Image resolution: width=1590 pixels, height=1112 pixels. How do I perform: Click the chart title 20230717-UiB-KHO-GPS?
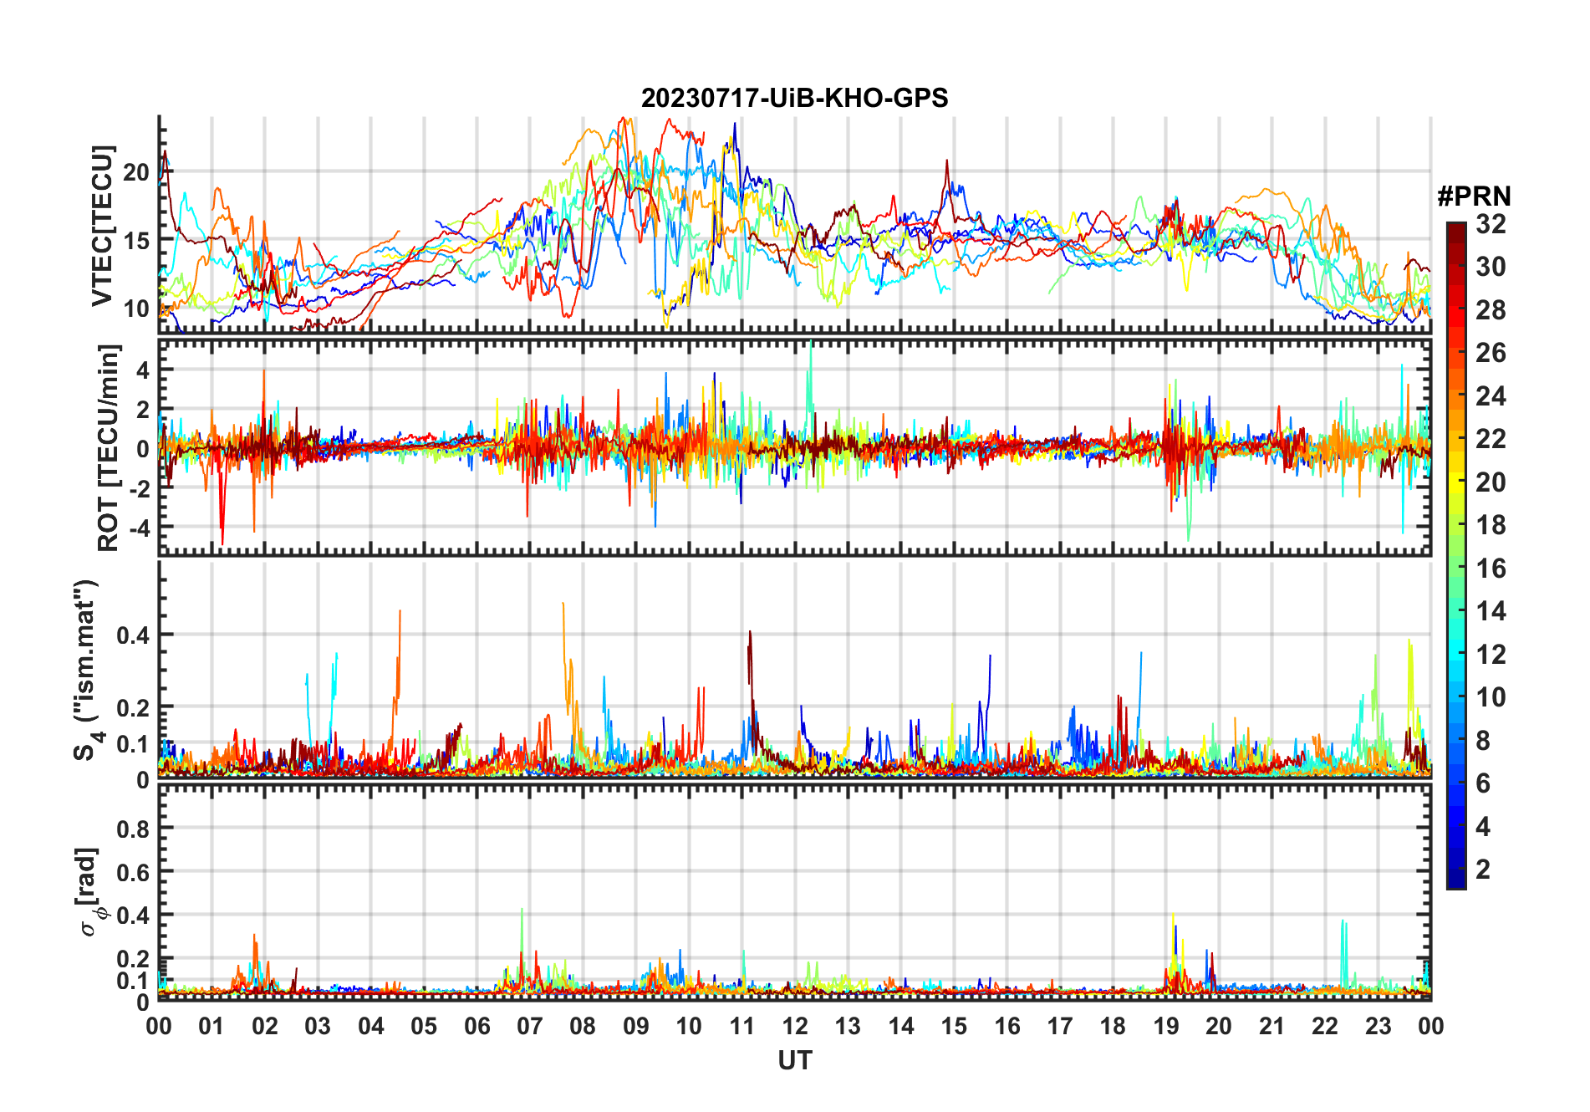pyautogui.click(x=794, y=99)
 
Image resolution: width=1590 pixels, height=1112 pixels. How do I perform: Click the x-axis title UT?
pyautogui.click(x=794, y=1060)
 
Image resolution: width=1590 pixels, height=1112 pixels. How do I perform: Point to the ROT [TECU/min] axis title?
pyautogui.click(x=109, y=447)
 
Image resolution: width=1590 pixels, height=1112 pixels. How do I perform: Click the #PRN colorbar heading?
pyautogui.click(x=1474, y=196)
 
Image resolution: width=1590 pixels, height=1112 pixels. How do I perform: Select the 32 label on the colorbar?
pyautogui.click(x=1491, y=224)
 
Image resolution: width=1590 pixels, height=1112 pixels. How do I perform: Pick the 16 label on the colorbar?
pyautogui.click(x=1491, y=569)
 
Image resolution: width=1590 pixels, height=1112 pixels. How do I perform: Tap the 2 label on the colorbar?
pyautogui.click(x=1483, y=870)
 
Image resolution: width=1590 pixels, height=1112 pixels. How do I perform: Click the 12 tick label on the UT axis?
pyautogui.click(x=795, y=1026)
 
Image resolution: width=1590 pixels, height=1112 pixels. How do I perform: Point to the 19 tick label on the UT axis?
pyautogui.click(x=1166, y=1026)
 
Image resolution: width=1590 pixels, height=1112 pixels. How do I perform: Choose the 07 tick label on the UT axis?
pyautogui.click(x=530, y=1026)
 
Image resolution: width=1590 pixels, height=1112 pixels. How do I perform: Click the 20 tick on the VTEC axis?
pyautogui.click(x=136, y=173)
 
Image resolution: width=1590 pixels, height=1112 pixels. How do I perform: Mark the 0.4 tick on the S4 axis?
pyautogui.click(x=133, y=635)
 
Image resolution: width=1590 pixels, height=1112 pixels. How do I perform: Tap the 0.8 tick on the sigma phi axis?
pyautogui.click(x=133, y=829)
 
